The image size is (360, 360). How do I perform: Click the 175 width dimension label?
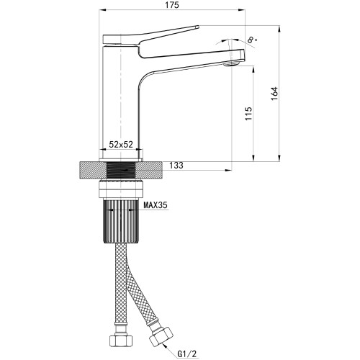(172, 5)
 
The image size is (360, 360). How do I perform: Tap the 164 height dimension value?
(274, 94)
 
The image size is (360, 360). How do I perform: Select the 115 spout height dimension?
(248, 114)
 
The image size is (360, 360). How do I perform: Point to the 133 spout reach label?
(176, 166)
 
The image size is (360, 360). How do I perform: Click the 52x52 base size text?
(121, 145)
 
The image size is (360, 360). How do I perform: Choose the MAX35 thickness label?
(156, 205)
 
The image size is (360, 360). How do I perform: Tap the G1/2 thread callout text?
(187, 354)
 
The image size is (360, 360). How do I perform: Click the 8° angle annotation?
(252, 40)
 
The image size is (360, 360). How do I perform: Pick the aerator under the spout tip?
(232, 63)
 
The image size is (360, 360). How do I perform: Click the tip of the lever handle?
(198, 27)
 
